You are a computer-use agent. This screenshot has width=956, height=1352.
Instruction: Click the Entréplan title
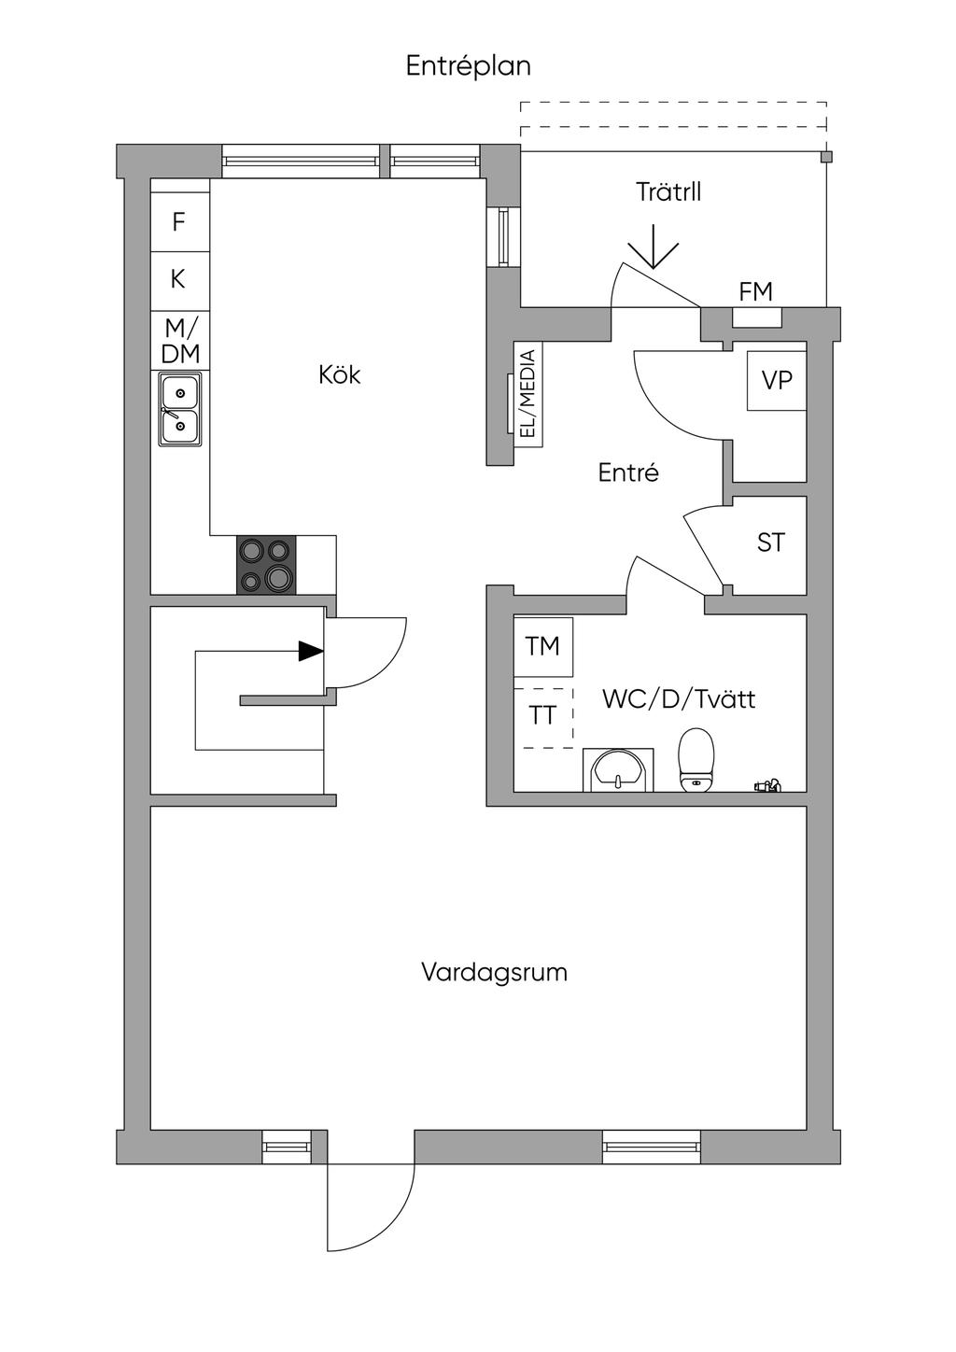click(469, 66)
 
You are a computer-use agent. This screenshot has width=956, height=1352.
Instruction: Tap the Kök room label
click(340, 374)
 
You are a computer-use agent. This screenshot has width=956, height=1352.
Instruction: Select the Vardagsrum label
click(494, 973)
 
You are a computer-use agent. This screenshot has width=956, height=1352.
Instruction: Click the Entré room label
click(628, 472)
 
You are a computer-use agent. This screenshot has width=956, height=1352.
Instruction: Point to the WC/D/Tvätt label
click(679, 699)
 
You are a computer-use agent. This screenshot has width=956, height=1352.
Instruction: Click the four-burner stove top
click(266, 565)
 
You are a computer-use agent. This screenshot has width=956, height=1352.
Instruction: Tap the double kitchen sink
click(180, 409)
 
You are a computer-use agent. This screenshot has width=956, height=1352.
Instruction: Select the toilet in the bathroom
click(696, 759)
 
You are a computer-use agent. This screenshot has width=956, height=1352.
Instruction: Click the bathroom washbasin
click(618, 769)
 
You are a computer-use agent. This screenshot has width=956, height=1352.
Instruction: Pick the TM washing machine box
click(542, 647)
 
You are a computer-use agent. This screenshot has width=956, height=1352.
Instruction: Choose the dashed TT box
click(542, 718)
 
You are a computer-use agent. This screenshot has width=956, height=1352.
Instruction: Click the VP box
click(777, 380)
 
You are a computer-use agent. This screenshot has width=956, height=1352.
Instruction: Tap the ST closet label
click(771, 542)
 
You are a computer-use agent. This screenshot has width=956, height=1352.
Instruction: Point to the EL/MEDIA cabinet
click(528, 394)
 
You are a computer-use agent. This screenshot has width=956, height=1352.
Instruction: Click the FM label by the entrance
click(755, 291)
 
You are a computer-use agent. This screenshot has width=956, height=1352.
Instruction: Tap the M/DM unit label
click(180, 341)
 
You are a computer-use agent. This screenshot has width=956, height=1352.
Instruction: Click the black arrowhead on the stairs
click(312, 651)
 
